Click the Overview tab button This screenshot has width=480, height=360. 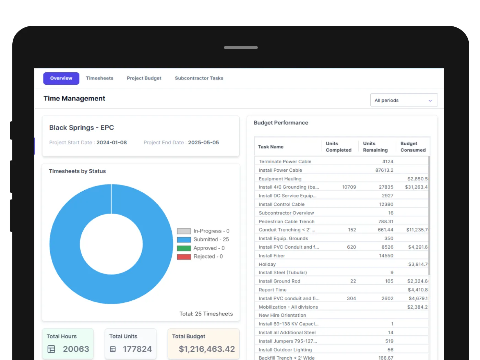pos(61,78)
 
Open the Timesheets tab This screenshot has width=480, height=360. pos(99,78)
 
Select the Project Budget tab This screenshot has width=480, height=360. pos(144,78)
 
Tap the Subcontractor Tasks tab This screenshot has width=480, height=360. pos(199,78)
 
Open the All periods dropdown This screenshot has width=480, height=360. pos(404,100)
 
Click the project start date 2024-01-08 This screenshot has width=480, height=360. pos(111,143)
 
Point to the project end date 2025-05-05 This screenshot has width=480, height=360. pos(203,143)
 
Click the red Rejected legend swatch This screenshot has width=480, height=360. pos(184,257)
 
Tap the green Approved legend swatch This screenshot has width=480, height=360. pos(184,248)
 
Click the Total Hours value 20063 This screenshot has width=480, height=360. pos(76,349)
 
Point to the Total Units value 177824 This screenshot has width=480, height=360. pos(137,349)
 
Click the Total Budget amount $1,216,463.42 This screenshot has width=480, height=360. pos(207,349)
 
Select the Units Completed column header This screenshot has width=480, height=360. pos(338,147)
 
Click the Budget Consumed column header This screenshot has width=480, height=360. pos(413,147)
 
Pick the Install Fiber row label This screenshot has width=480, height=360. pos(272,256)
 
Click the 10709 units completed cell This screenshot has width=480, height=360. pos(349,187)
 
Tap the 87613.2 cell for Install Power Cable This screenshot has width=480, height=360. pos(384,170)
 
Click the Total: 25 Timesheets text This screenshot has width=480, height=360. pos(206,314)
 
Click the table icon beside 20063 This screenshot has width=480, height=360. pos(51,349)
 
